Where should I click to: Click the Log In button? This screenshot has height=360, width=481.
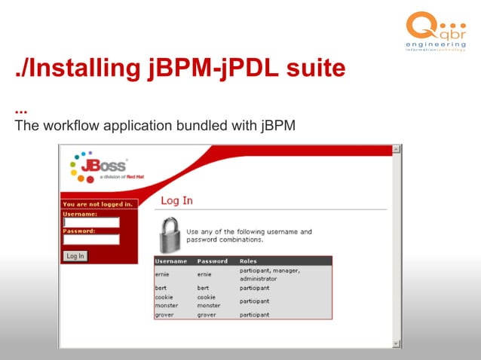[75, 256]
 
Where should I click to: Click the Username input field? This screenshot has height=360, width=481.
[91, 222]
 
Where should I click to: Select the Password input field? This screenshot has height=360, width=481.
[91, 239]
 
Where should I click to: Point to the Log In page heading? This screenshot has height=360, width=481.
[177, 200]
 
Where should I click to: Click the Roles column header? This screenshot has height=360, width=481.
[248, 261]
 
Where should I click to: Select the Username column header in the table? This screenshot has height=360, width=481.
[170, 261]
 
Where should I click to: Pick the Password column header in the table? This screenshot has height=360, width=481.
[212, 261]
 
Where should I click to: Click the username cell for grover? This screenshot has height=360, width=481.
[165, 315]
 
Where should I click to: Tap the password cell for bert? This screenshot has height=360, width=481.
[204, 288]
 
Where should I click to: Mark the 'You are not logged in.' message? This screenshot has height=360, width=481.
[98, 204]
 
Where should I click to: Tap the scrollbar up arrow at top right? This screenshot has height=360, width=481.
[397, 150]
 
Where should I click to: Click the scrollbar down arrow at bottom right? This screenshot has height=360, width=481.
[397, 343]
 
